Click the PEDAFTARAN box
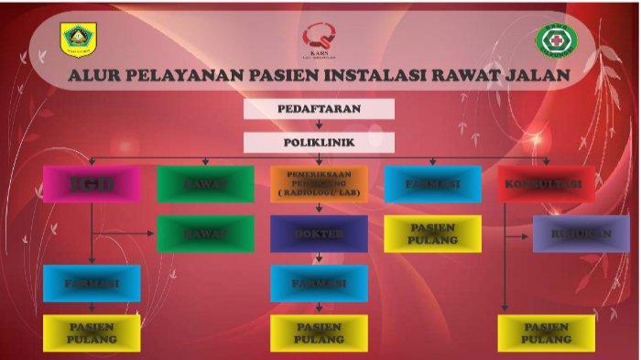(x=319, y=109)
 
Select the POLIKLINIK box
(x=319, y=142)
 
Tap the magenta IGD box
(x=91, y=184)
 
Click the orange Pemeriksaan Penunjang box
(x=319, y=183)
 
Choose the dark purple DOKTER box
(x=319, y=234)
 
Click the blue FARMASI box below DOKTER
(x=319, y=283)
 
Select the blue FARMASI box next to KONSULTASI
(x=432, y=184)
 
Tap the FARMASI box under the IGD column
(x=92, y=283)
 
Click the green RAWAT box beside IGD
(x=204, y=184)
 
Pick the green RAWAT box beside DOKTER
(x=204, y=234)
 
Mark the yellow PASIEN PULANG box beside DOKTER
(x=432, y=234)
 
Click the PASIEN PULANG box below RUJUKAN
(x=546, y=333)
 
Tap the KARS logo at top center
(x=320, y=38)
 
